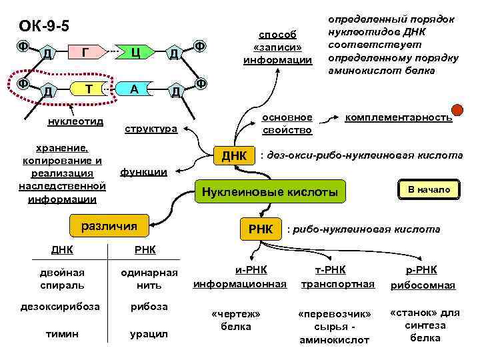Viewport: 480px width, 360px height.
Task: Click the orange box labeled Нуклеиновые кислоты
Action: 271,193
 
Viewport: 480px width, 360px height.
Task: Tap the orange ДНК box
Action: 234,156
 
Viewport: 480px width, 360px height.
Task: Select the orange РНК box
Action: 261,229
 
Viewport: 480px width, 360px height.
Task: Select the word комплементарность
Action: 398,117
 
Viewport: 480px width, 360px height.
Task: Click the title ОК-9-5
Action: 44,26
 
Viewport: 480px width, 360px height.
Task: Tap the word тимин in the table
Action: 61,333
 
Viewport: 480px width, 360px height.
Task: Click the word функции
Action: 143,172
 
